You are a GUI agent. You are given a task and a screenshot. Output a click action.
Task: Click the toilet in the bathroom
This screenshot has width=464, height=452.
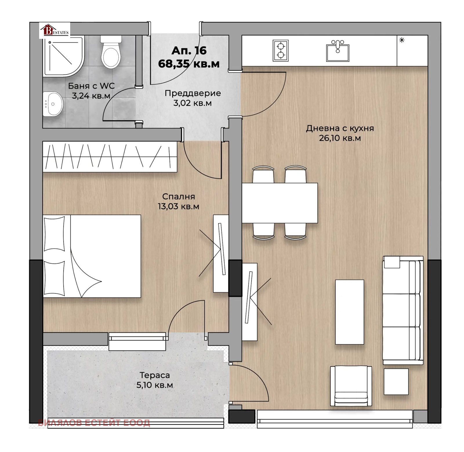[x=110, y=52]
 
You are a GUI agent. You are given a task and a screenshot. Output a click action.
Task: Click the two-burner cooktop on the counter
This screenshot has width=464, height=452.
[x=280, y=50]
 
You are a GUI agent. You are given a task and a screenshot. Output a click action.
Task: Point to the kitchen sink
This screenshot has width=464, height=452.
[x=338, y=51]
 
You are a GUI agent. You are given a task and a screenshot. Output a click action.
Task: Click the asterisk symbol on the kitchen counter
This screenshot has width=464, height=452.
[x=402, y=40]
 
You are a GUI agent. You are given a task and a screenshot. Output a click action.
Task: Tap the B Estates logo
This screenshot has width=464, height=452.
[x=55, y=30]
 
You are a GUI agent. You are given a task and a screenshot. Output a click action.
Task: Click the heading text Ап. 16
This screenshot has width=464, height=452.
[x=189, y=50]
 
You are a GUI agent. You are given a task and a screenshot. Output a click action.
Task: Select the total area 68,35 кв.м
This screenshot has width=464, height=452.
[x=189, y=64]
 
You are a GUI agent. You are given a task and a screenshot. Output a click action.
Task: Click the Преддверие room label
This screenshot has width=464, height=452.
[x=193, y=93]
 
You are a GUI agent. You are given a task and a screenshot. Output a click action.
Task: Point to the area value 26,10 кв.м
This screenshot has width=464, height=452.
[x=340, y=138]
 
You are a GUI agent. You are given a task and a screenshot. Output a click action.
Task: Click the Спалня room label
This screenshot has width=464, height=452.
[x=178, y=196]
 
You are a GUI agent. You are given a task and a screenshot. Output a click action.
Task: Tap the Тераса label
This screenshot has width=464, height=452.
[x=155, y=375]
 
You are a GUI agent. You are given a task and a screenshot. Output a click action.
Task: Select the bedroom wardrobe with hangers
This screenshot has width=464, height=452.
[x=110, y=157]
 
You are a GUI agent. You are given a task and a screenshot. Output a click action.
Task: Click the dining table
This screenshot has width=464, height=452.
[x=280, y=203]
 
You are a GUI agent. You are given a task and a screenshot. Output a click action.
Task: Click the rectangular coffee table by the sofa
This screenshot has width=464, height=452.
[x=349, y=312]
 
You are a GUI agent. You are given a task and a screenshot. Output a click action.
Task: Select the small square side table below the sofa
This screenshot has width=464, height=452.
[x=396, y=382]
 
